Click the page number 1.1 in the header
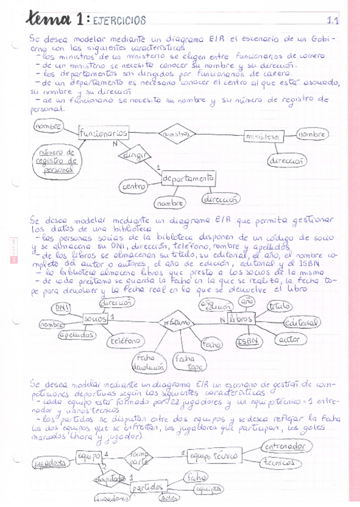click(333, 21)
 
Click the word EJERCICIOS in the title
click(120, 21)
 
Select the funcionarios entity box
click(103, 133)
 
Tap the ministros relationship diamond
click(176, 135)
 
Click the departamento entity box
click(188, 178)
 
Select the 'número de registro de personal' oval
click(56, 160)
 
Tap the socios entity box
click(96, 319)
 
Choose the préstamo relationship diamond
click(174, 322)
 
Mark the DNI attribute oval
click(60, 308)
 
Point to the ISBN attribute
click(247, 341)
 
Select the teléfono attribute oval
click(125, 341)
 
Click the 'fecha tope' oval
click(187, 362)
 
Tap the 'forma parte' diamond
click(139, 459)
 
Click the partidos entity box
click(147, 487)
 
